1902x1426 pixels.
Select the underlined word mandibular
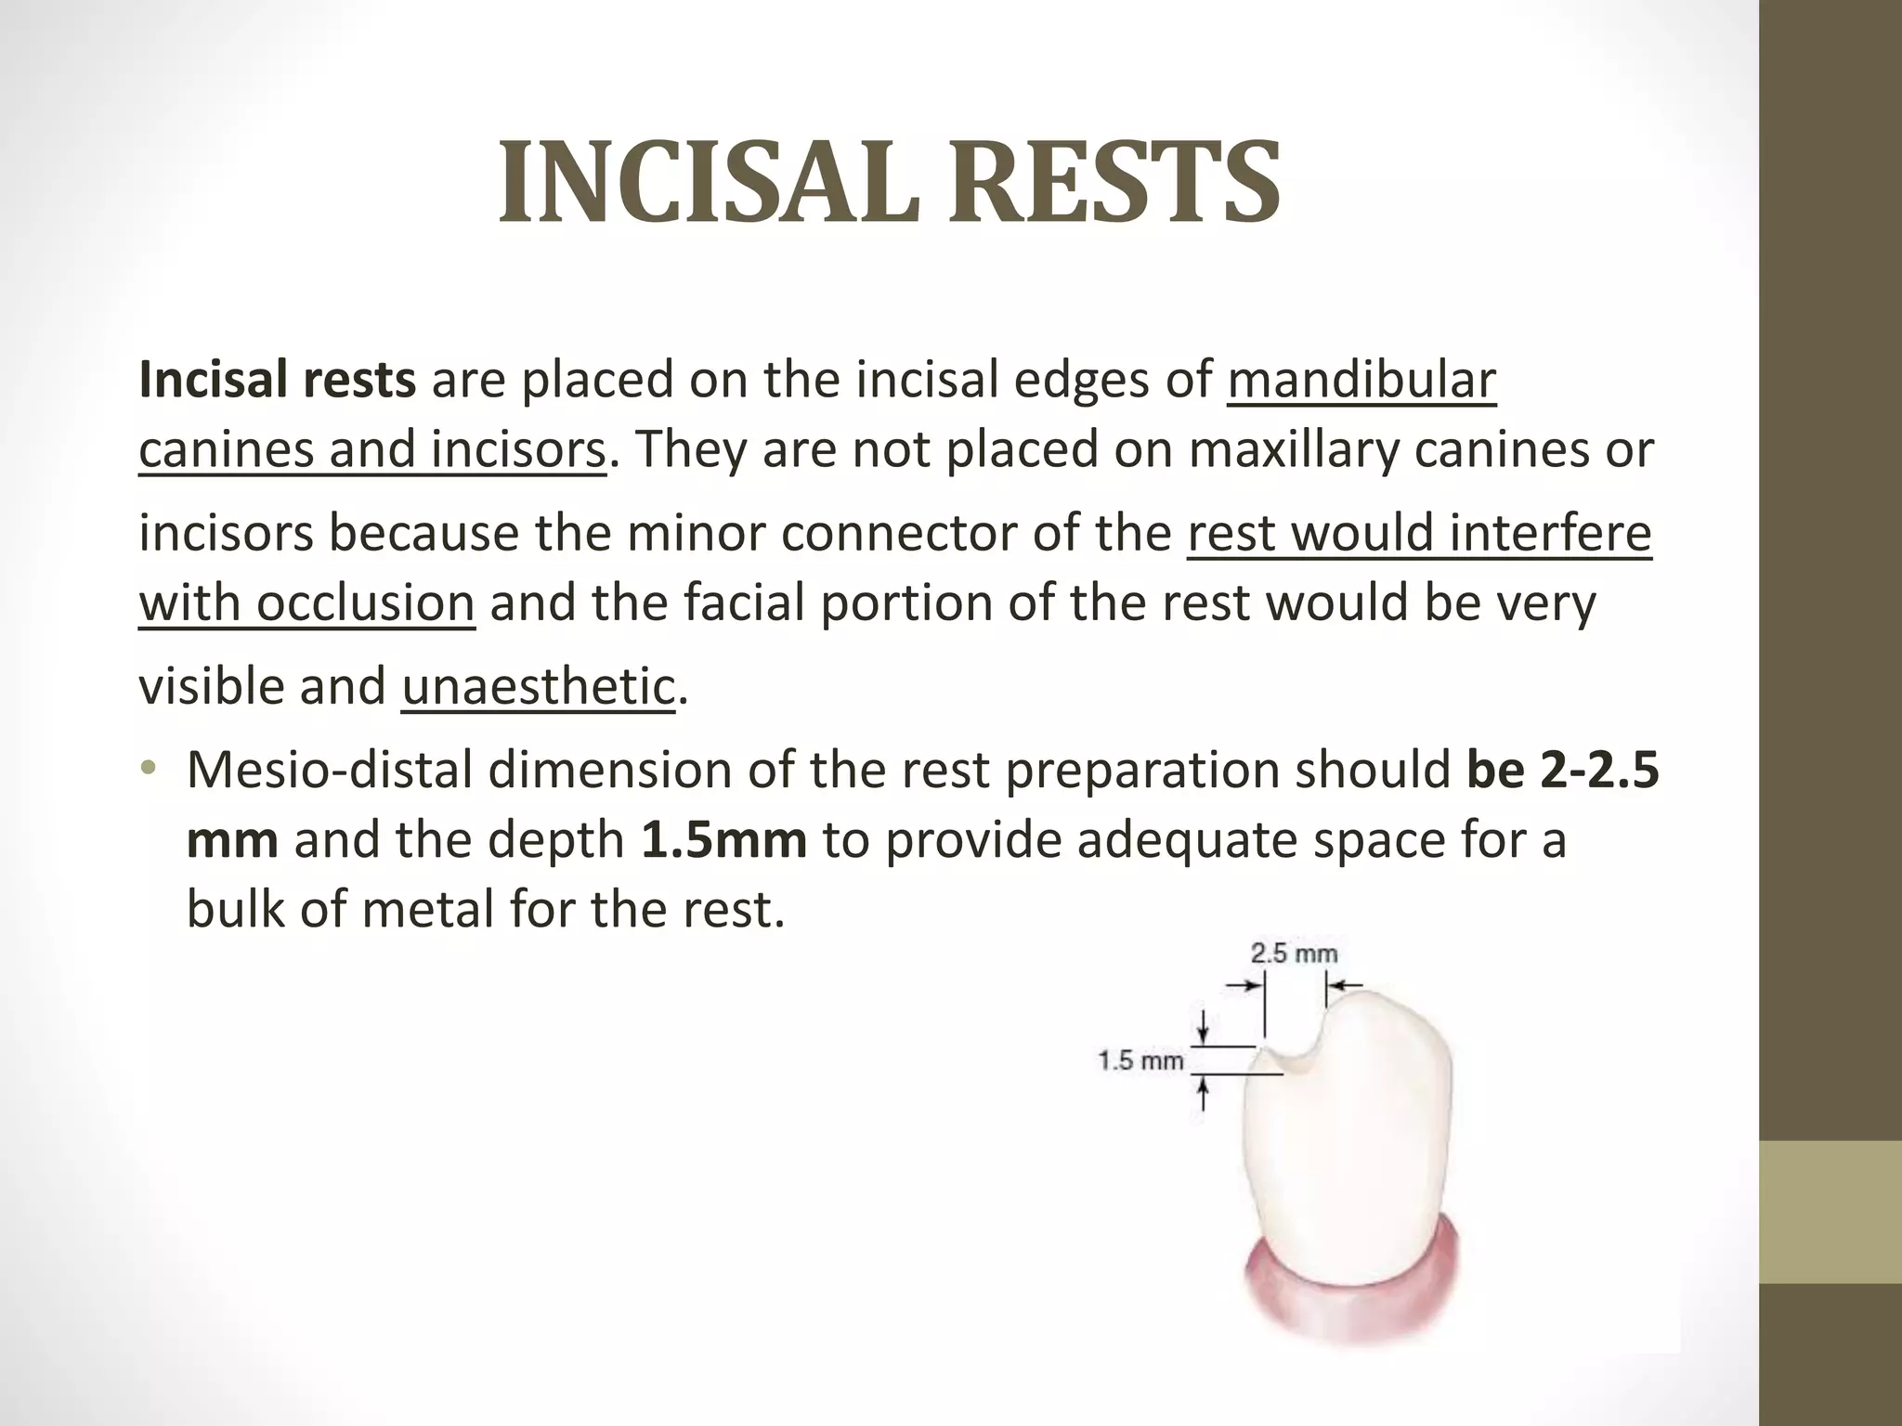(1361, 381)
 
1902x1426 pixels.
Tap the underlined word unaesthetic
(538, 687)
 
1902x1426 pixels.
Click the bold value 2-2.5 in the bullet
(1598, 771)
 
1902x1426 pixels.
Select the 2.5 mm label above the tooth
(1294, 953)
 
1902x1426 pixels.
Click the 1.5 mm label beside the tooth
(1140, 1060)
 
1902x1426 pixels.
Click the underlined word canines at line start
(226, 450)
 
